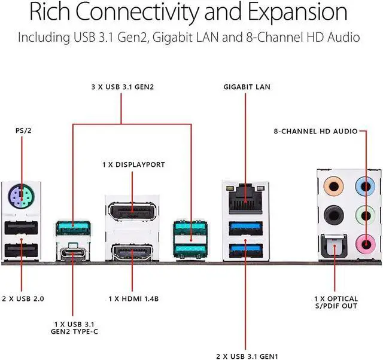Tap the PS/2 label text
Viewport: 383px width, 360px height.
20,128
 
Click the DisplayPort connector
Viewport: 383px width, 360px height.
133,213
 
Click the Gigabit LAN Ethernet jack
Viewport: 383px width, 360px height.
245,197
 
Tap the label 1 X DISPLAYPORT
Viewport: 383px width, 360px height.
132,164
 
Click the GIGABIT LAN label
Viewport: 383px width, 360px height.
247,87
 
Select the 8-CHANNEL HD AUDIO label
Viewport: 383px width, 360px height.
315,130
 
